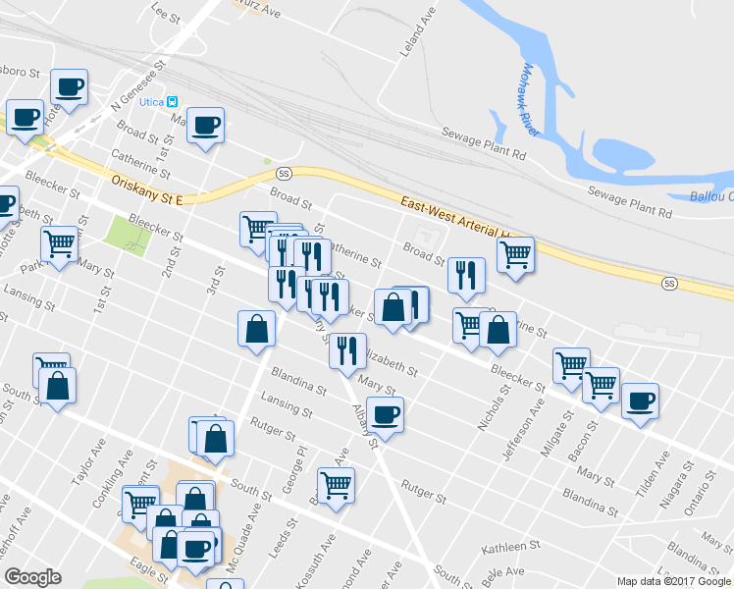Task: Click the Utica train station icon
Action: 172,102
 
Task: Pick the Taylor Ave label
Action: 88,463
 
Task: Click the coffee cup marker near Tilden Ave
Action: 640,401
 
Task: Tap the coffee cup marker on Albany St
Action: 385,415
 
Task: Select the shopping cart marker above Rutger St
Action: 336,485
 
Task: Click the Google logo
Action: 32,577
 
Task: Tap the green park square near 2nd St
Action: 124,232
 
